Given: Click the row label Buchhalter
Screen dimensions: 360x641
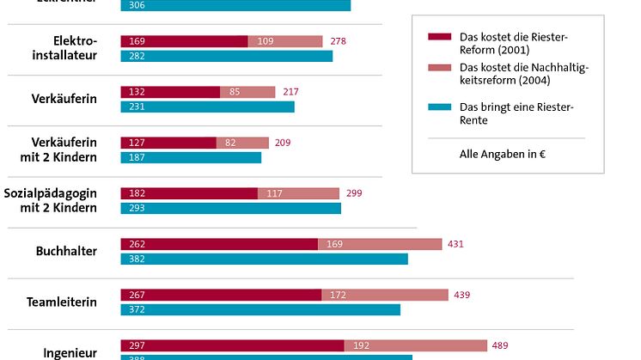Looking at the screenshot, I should pos(66,252).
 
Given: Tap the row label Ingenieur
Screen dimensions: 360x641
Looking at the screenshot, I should pos(70,352).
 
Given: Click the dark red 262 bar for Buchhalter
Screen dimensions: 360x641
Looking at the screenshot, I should pos(219,244).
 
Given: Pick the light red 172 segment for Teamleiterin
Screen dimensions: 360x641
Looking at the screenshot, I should pos(385,295).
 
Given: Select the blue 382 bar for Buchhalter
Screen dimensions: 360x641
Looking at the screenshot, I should pos(264,259).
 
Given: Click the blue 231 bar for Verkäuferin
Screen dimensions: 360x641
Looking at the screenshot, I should pos(207,107).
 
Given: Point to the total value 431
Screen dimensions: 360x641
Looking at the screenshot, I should pos(455,244).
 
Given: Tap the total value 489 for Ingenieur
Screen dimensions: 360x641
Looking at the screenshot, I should pos(500,345).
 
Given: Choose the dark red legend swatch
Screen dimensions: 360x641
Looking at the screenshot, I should pos(439,36).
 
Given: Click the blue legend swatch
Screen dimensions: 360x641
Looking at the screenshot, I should pos(439,107).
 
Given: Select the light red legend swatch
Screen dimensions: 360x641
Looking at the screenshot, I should pos(439,67).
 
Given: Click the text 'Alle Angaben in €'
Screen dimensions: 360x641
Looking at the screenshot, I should pos(498,155).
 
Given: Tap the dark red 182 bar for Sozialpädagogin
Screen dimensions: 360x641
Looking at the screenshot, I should pos(189,193).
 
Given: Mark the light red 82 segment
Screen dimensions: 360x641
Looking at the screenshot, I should pos(242,143).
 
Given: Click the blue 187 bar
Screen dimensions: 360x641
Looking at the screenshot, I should pos(191,157).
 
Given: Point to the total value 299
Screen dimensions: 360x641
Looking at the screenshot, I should pos(353,193).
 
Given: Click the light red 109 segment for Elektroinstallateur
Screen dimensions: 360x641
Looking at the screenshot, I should pos(285,41).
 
